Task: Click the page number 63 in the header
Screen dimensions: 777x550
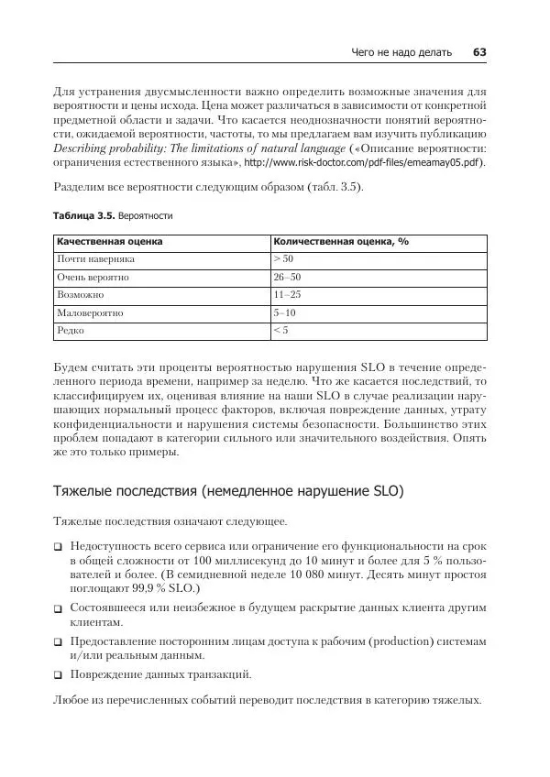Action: click(x=478, y=52)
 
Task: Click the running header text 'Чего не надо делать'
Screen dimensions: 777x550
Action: click(x=401, y=52)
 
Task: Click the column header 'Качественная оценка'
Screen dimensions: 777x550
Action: click(x=109, y=242)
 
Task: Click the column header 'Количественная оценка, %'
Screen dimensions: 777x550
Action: click(x=340, y=242)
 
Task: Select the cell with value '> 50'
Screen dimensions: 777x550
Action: click(x=282, y=259)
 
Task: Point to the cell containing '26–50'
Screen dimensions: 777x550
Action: click(x=287, y=277)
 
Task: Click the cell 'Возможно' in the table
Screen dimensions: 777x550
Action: click(x=80, y=295)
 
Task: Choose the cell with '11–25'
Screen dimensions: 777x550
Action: click(x=287, y=295)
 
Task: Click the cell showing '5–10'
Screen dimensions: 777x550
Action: click(x=284, y=312)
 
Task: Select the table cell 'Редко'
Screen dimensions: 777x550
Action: click(x=71, y=330)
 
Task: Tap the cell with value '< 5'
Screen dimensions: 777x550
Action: click(x=280, y=330)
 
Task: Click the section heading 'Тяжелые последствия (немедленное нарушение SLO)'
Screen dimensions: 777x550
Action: click(x=227, y=491)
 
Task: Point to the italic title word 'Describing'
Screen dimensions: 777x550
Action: click(x=81, y=148)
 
